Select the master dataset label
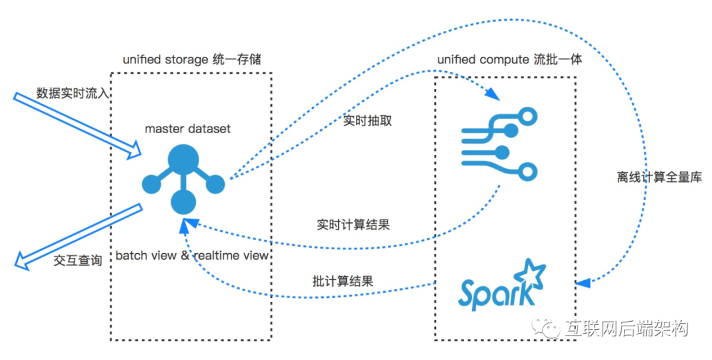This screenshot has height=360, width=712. tap(188, 129)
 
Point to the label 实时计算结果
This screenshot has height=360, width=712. tap(353, 224)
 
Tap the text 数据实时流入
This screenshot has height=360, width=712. tap(65, 93)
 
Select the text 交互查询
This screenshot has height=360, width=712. tap(78, 260)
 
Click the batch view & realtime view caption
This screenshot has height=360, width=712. tap(192, 255)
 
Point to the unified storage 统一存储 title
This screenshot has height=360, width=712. tap(192, 59)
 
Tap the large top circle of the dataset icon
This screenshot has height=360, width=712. tap(183, 160)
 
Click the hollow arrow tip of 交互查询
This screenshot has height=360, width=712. tap(21, 264)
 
